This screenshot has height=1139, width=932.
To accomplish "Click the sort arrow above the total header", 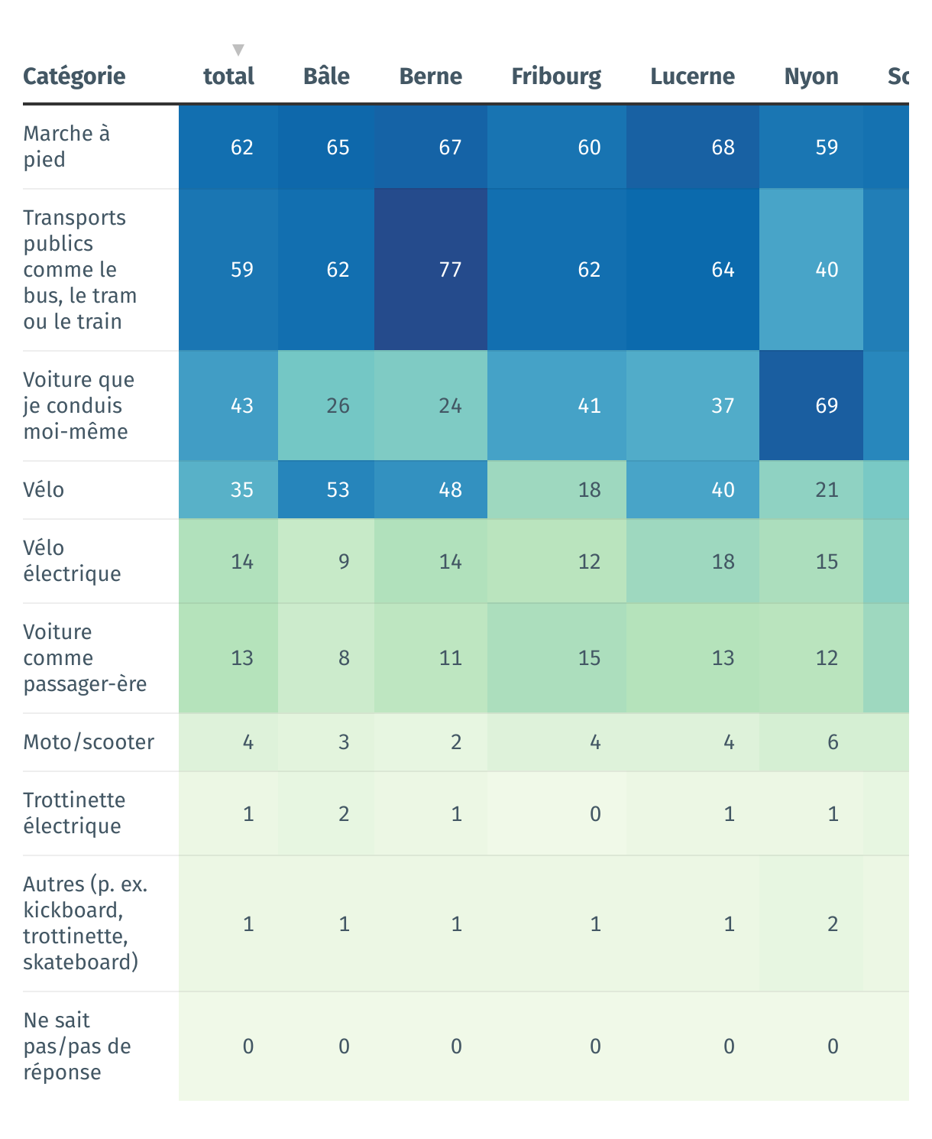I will pyautogui.click(x=238, y=50).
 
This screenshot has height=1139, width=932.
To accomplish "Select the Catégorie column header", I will pyautogui.click(x=74, y=76).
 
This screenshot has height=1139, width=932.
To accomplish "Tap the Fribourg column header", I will pyautogui.click(x=556, y=76).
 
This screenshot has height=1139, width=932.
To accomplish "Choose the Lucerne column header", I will pyautogui.click(x=692, y=76).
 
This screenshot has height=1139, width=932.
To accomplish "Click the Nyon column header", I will pyautogui.click(x=811, y=76).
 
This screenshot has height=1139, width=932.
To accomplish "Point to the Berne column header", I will pyautogui.click(x=431, y=76).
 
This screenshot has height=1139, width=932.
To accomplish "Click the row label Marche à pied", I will pyautogui.click(x=66, y=147).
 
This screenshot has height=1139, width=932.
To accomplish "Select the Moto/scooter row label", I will pyautogui.click(x=89, y=742).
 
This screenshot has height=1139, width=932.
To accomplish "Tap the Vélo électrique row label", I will pyautogui.click(x=72, y=561).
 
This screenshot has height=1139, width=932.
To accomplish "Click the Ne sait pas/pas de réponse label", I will pyautogui.click(x=76, y=1046).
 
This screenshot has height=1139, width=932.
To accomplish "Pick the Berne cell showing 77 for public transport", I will pyautogui.click(x=450, y=270).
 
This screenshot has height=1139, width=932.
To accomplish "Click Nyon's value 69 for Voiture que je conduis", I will pyautogui.click(x=827, y=406).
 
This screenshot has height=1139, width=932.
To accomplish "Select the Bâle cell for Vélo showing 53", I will pyautogui.click(x=338, y=490).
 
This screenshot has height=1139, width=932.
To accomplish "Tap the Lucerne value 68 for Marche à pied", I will pyautogui.click(x=723, y=148).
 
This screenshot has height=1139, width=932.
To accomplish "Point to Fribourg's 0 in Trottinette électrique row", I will pyautogui.click(x=595, y=814).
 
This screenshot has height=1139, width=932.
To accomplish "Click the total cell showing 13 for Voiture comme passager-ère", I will pyautogui.click(x=242, y=658).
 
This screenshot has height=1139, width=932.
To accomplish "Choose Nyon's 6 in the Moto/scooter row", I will pyautogui.click(x=833, y=742).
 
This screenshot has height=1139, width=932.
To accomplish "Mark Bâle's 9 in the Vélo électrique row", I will pyautogui.click(x=344, y=562).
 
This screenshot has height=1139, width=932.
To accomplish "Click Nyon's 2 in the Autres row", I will pyautogui.click(x=833, y=924).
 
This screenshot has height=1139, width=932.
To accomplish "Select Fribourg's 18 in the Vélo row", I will pyautogui.click(x=589, y=490).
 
